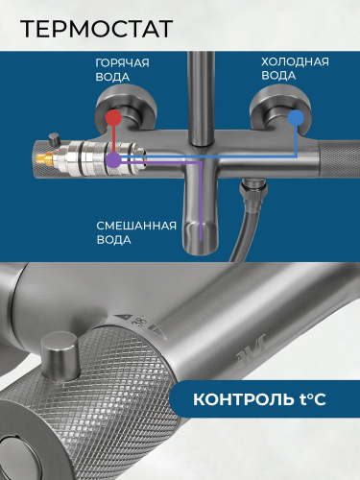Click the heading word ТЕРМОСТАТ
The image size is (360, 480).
(x=96, y=29)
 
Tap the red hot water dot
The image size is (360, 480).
(x=113, y=118)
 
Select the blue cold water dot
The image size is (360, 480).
(x=296, y=118)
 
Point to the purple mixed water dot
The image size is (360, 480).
(x=113, y=159)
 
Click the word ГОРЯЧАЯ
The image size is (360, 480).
(x=122, y=62)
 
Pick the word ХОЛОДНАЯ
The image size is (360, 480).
(x=295, y=61)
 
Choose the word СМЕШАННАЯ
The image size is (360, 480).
(x=136, y=226)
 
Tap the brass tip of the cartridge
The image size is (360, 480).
(x=45, y=157)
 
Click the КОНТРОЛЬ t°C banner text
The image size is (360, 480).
(x=259, y=399)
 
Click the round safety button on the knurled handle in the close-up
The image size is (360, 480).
(x=60, y=355)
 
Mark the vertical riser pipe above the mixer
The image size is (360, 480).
(x=201, y=96)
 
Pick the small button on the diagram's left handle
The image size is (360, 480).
(x=54, y=139)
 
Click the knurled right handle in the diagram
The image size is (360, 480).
(x=340, y=158)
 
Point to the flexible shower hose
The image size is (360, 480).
(x=243, y=233)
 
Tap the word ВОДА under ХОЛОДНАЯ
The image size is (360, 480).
(x=278, y=76)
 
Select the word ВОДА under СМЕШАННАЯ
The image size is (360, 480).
(x=114, y=240)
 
